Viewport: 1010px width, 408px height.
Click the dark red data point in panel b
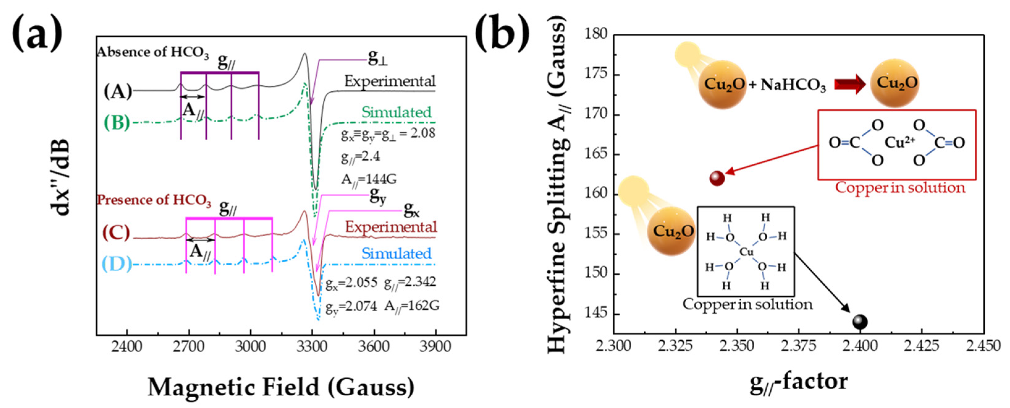(x=717, y=178)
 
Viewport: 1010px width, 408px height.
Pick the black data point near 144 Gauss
(x=860, y=322)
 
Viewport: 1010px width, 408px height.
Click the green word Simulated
(x=396, y=112)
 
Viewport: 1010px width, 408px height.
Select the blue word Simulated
(x=396, y=254)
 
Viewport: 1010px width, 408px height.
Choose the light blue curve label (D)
(x=117, y=264)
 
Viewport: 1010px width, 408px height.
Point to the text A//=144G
(x=368, y=179)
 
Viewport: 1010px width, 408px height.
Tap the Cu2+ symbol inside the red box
(x=899, y=143)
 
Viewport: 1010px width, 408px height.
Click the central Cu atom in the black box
(x=746, y=252)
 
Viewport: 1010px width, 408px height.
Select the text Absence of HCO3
(x=153, y=53)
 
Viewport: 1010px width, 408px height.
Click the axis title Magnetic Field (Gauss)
(x=281, y=387)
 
